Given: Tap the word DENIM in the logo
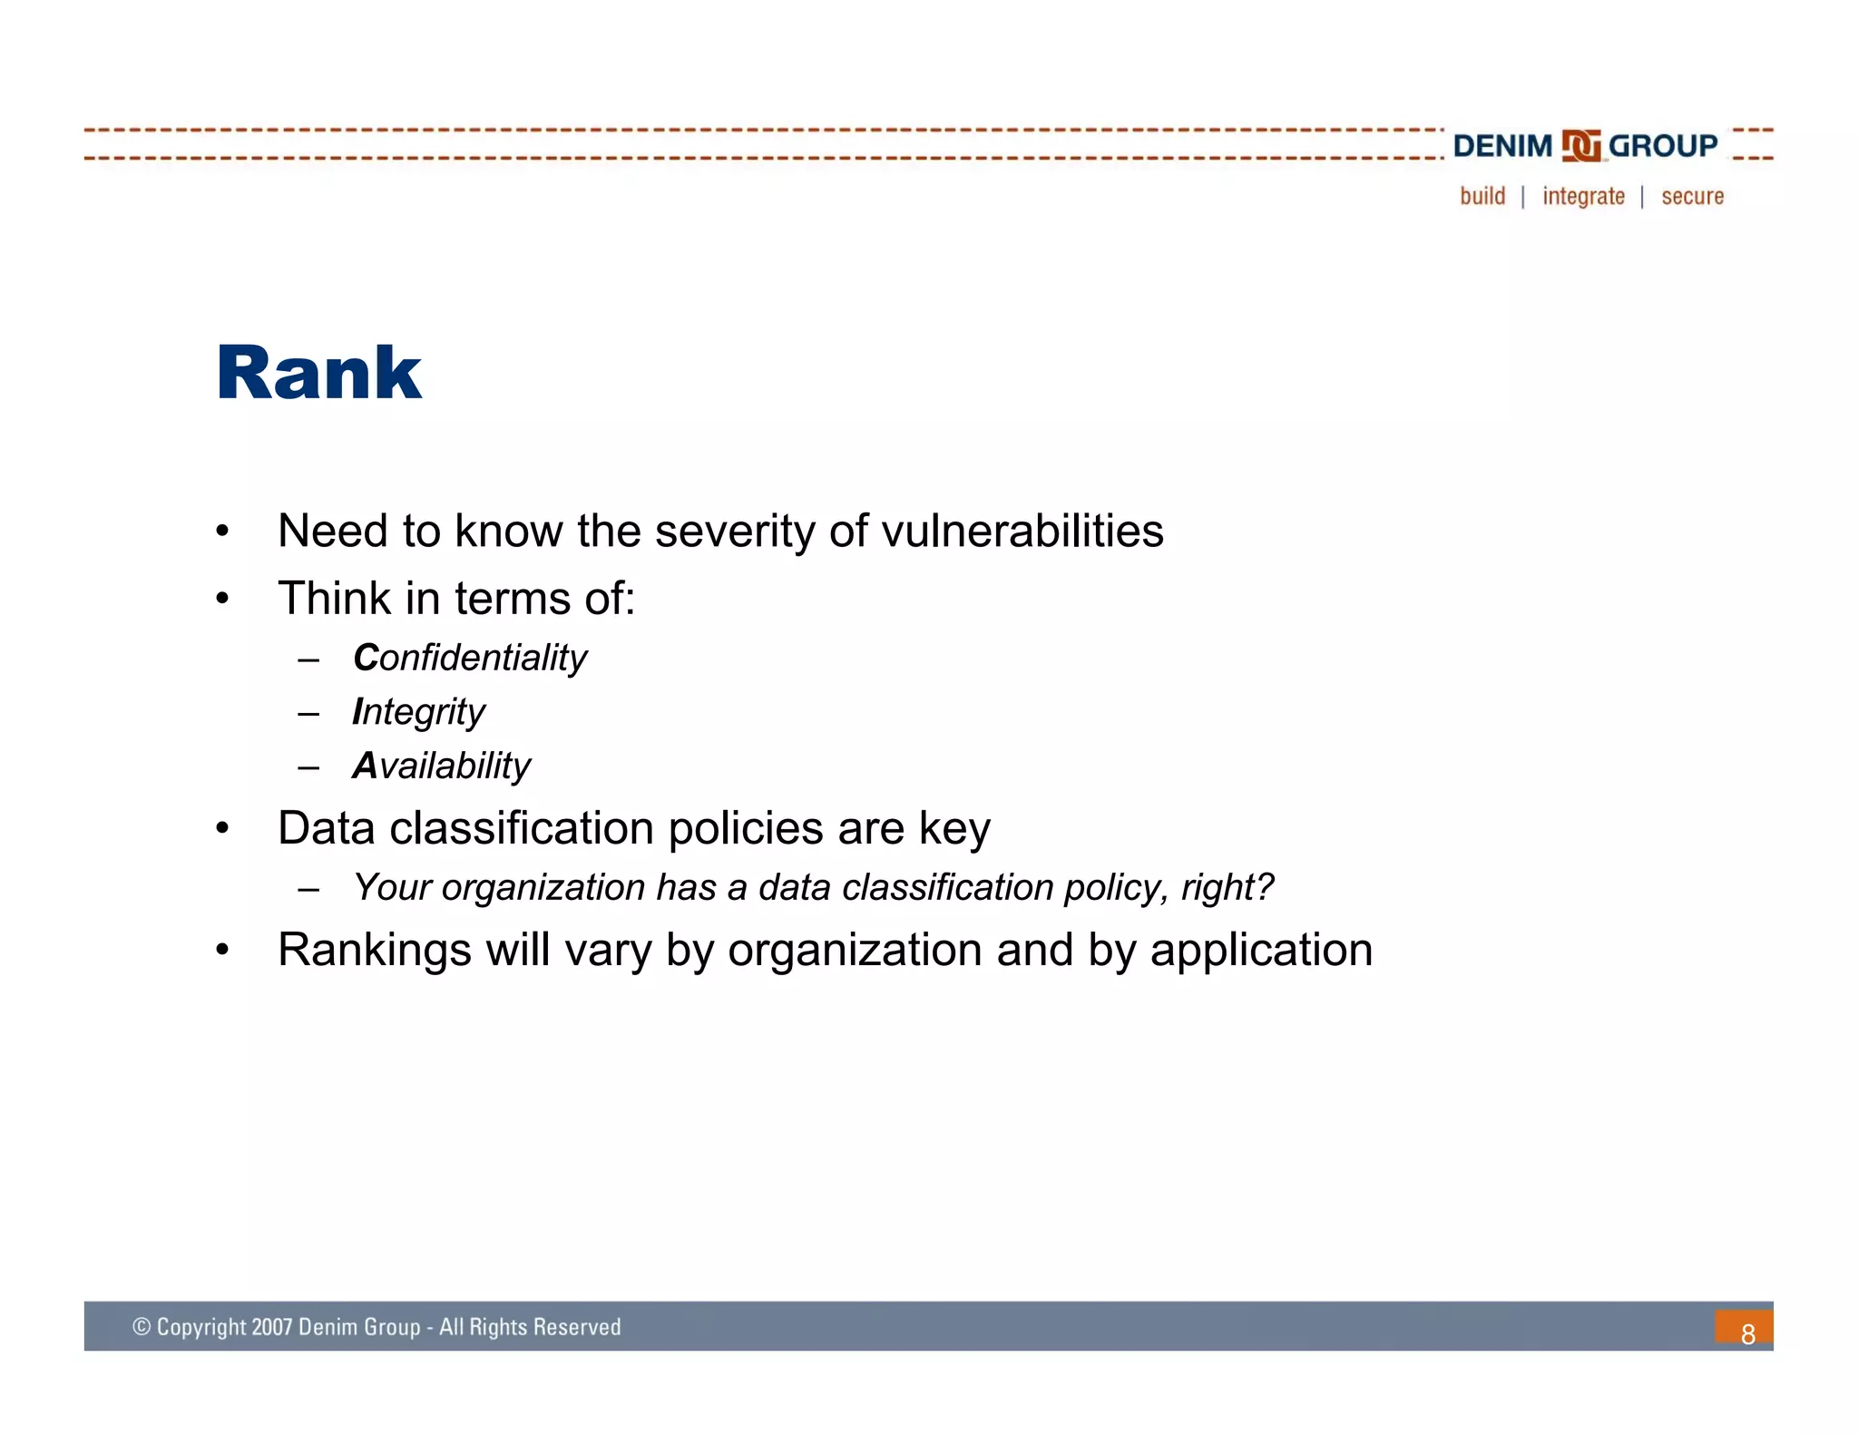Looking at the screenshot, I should tap(1502, 146).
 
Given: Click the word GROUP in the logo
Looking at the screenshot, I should tap(1662, 146).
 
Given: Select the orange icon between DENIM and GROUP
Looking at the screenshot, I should tap(1581, 146).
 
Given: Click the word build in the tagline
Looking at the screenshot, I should tap(1482, 196).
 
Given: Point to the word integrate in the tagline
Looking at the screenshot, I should tap(1583, 196).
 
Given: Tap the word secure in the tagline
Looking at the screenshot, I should tap(1692, 196).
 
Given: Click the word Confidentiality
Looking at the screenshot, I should tap(470, 658).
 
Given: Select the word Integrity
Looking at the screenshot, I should tap(418, 712).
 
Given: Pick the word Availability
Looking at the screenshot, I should tap(441, 766).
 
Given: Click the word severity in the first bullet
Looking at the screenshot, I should tap(734, 531).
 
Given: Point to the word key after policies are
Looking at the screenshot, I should tap(954, 829).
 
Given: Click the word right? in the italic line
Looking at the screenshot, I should tap(1227, 887).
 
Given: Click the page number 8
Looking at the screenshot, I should tap(1747, 1333).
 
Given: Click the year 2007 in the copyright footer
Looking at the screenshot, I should tap(271, 1327).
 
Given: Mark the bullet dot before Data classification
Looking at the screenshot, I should tap(222, 828).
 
